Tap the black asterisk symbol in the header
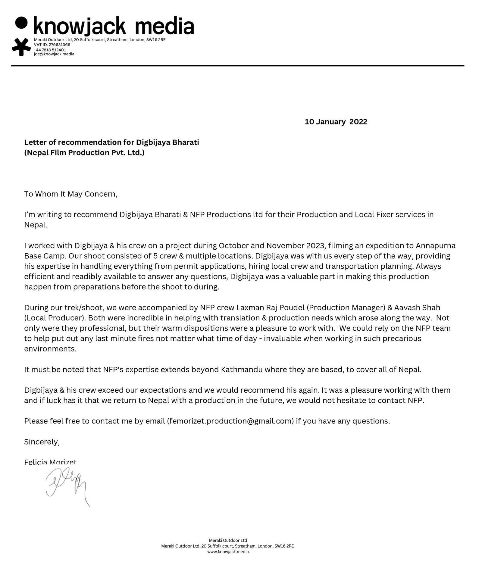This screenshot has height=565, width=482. pyautogui.click(x=21, y=47)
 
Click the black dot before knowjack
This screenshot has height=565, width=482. pyautogui.click(x=21, y=23)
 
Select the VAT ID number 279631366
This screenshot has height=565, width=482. pyautogui.click(x=59, y=45)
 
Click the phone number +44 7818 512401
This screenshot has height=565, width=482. pyautogui.click(x=50, y=50)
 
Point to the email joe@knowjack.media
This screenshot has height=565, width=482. pyautogui.click(x=54, y=54)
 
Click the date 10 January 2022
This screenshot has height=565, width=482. pyautogui.click(x=336, y=122)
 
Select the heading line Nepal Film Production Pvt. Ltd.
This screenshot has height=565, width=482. pyautogui.click(x=84, y=153)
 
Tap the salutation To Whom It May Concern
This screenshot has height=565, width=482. pyautogui.click(x=70, y=194)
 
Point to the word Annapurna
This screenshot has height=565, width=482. pyautogui.click(x=436, y=246)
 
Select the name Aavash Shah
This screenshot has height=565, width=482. pyautogui.click(x=417, y=308)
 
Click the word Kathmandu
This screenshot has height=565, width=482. pyautogui.click(x=242, y=370)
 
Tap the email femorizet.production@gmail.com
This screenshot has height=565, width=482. pyautogui.click(x=230, y=421)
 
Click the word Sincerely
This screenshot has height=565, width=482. pyautogui.click(x=42, y=442)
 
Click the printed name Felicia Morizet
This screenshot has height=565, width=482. pyautogui.click(x=50, y=462)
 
